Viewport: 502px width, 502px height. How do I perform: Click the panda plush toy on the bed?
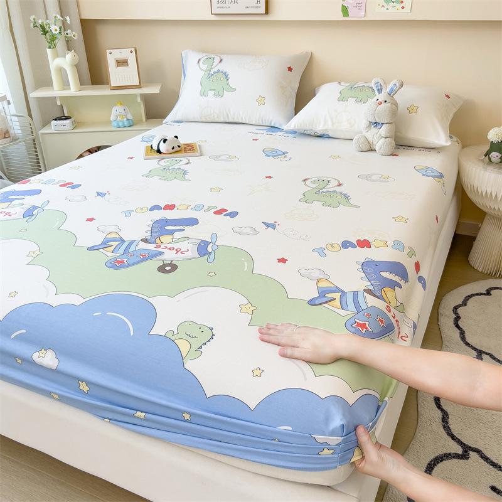point(166,144)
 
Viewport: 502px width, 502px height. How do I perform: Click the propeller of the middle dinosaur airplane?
point(212,247)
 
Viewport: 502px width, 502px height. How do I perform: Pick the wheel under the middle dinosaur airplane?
point(168,267)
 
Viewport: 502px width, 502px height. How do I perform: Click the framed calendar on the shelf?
point(123,68)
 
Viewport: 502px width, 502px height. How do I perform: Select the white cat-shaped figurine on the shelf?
point(67,70)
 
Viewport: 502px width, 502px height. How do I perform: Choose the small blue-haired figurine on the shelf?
point(121,114)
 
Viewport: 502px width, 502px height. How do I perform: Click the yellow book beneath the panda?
point(173,152)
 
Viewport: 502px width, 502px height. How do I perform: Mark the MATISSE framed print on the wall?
point(238,6)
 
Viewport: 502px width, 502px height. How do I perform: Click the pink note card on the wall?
point(353,8)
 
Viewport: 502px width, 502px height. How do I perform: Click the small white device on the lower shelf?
point(63,123)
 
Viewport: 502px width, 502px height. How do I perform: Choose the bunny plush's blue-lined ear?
point(394,88)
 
